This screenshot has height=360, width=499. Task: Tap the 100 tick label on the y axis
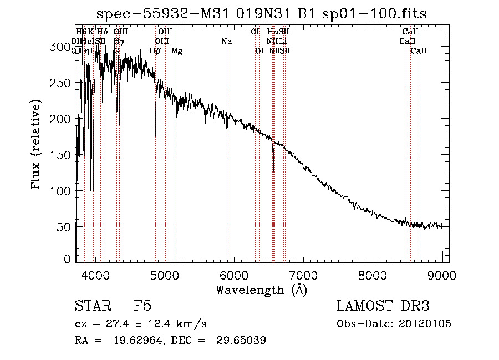coord(64,191)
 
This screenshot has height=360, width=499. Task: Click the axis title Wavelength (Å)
coord(261,290)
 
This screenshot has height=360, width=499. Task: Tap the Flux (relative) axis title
coord(37,146)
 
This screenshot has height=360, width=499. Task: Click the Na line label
coord(226,41)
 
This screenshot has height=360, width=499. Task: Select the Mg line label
coord(177,51)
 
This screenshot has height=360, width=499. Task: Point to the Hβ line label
coord(155,51)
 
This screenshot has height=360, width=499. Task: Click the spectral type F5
coord(142,306)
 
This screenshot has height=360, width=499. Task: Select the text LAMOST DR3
coord(383,306)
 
